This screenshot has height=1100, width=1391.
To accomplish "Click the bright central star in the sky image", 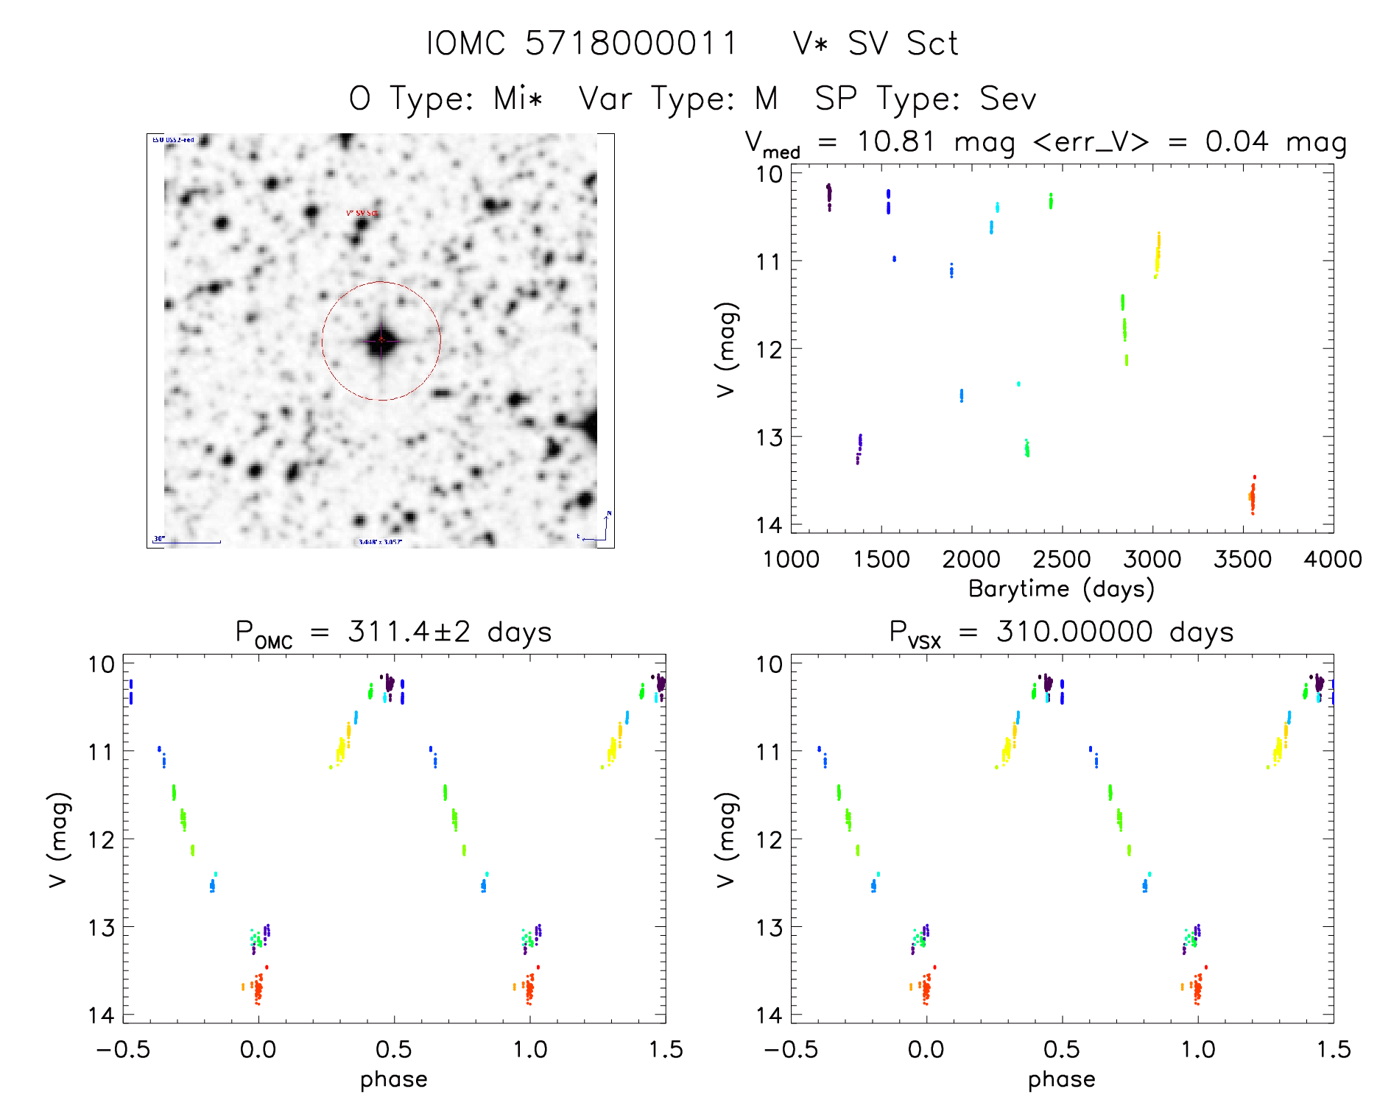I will click(x=381, y=340).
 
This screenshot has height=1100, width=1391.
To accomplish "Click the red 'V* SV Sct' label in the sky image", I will click(x=362, y=214).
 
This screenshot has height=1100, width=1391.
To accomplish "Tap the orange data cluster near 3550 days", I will click(x=1252, y=496).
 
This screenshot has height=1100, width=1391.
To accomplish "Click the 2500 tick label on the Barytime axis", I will click(x=1062, y=560).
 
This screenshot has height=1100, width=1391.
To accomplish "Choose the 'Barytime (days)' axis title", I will click(x=1061, y=589).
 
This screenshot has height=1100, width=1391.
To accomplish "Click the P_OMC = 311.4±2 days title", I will click(x=393, y=633).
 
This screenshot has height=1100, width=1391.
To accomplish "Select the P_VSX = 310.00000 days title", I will click(x=1061, y=633).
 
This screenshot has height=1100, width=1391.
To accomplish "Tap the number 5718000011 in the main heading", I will click(x=630, y=43).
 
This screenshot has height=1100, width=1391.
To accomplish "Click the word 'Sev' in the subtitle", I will click(x=1007, y=99).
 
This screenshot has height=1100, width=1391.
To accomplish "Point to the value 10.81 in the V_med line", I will click(x=895, y=141).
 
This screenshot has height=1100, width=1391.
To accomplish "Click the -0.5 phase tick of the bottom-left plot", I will click(x=123, y=1049).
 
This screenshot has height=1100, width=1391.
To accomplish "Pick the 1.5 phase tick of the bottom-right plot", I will click(x=1332, y=1049).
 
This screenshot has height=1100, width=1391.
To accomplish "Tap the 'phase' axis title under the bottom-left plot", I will click(x=393, y=1079).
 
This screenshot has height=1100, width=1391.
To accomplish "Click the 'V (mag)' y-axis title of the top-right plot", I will click(x=726, y=349).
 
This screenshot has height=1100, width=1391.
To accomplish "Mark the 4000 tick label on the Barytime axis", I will click(x=1332, y=560).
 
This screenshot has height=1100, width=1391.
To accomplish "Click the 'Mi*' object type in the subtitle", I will click(x=518, y=99).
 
